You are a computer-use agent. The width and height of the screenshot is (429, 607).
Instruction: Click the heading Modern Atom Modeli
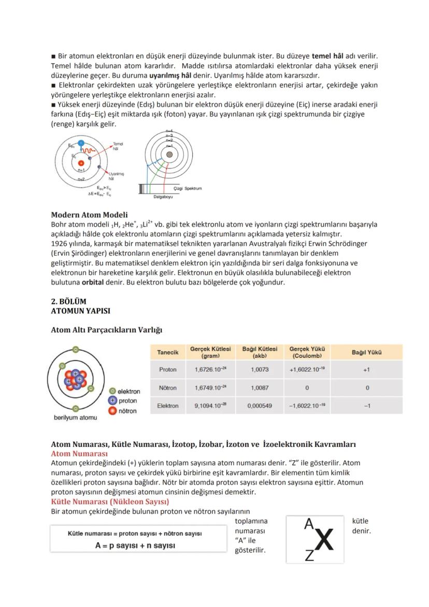89,215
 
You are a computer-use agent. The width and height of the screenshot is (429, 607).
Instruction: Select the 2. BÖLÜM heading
68,301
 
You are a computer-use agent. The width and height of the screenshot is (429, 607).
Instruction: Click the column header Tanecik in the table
167,352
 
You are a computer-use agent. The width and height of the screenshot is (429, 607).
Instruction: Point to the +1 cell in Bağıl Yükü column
366,370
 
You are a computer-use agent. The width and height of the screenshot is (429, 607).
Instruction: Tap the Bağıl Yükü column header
366,352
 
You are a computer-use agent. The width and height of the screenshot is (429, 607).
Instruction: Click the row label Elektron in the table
167,406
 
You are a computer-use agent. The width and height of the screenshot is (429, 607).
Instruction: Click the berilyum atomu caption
75,417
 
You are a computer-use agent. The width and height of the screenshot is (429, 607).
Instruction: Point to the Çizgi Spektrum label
188,188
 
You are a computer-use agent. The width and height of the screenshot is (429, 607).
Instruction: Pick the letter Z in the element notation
309,556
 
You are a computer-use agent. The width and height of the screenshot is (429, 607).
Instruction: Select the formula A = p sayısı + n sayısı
135,545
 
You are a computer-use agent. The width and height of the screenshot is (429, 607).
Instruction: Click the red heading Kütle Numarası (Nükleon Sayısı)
110,502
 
